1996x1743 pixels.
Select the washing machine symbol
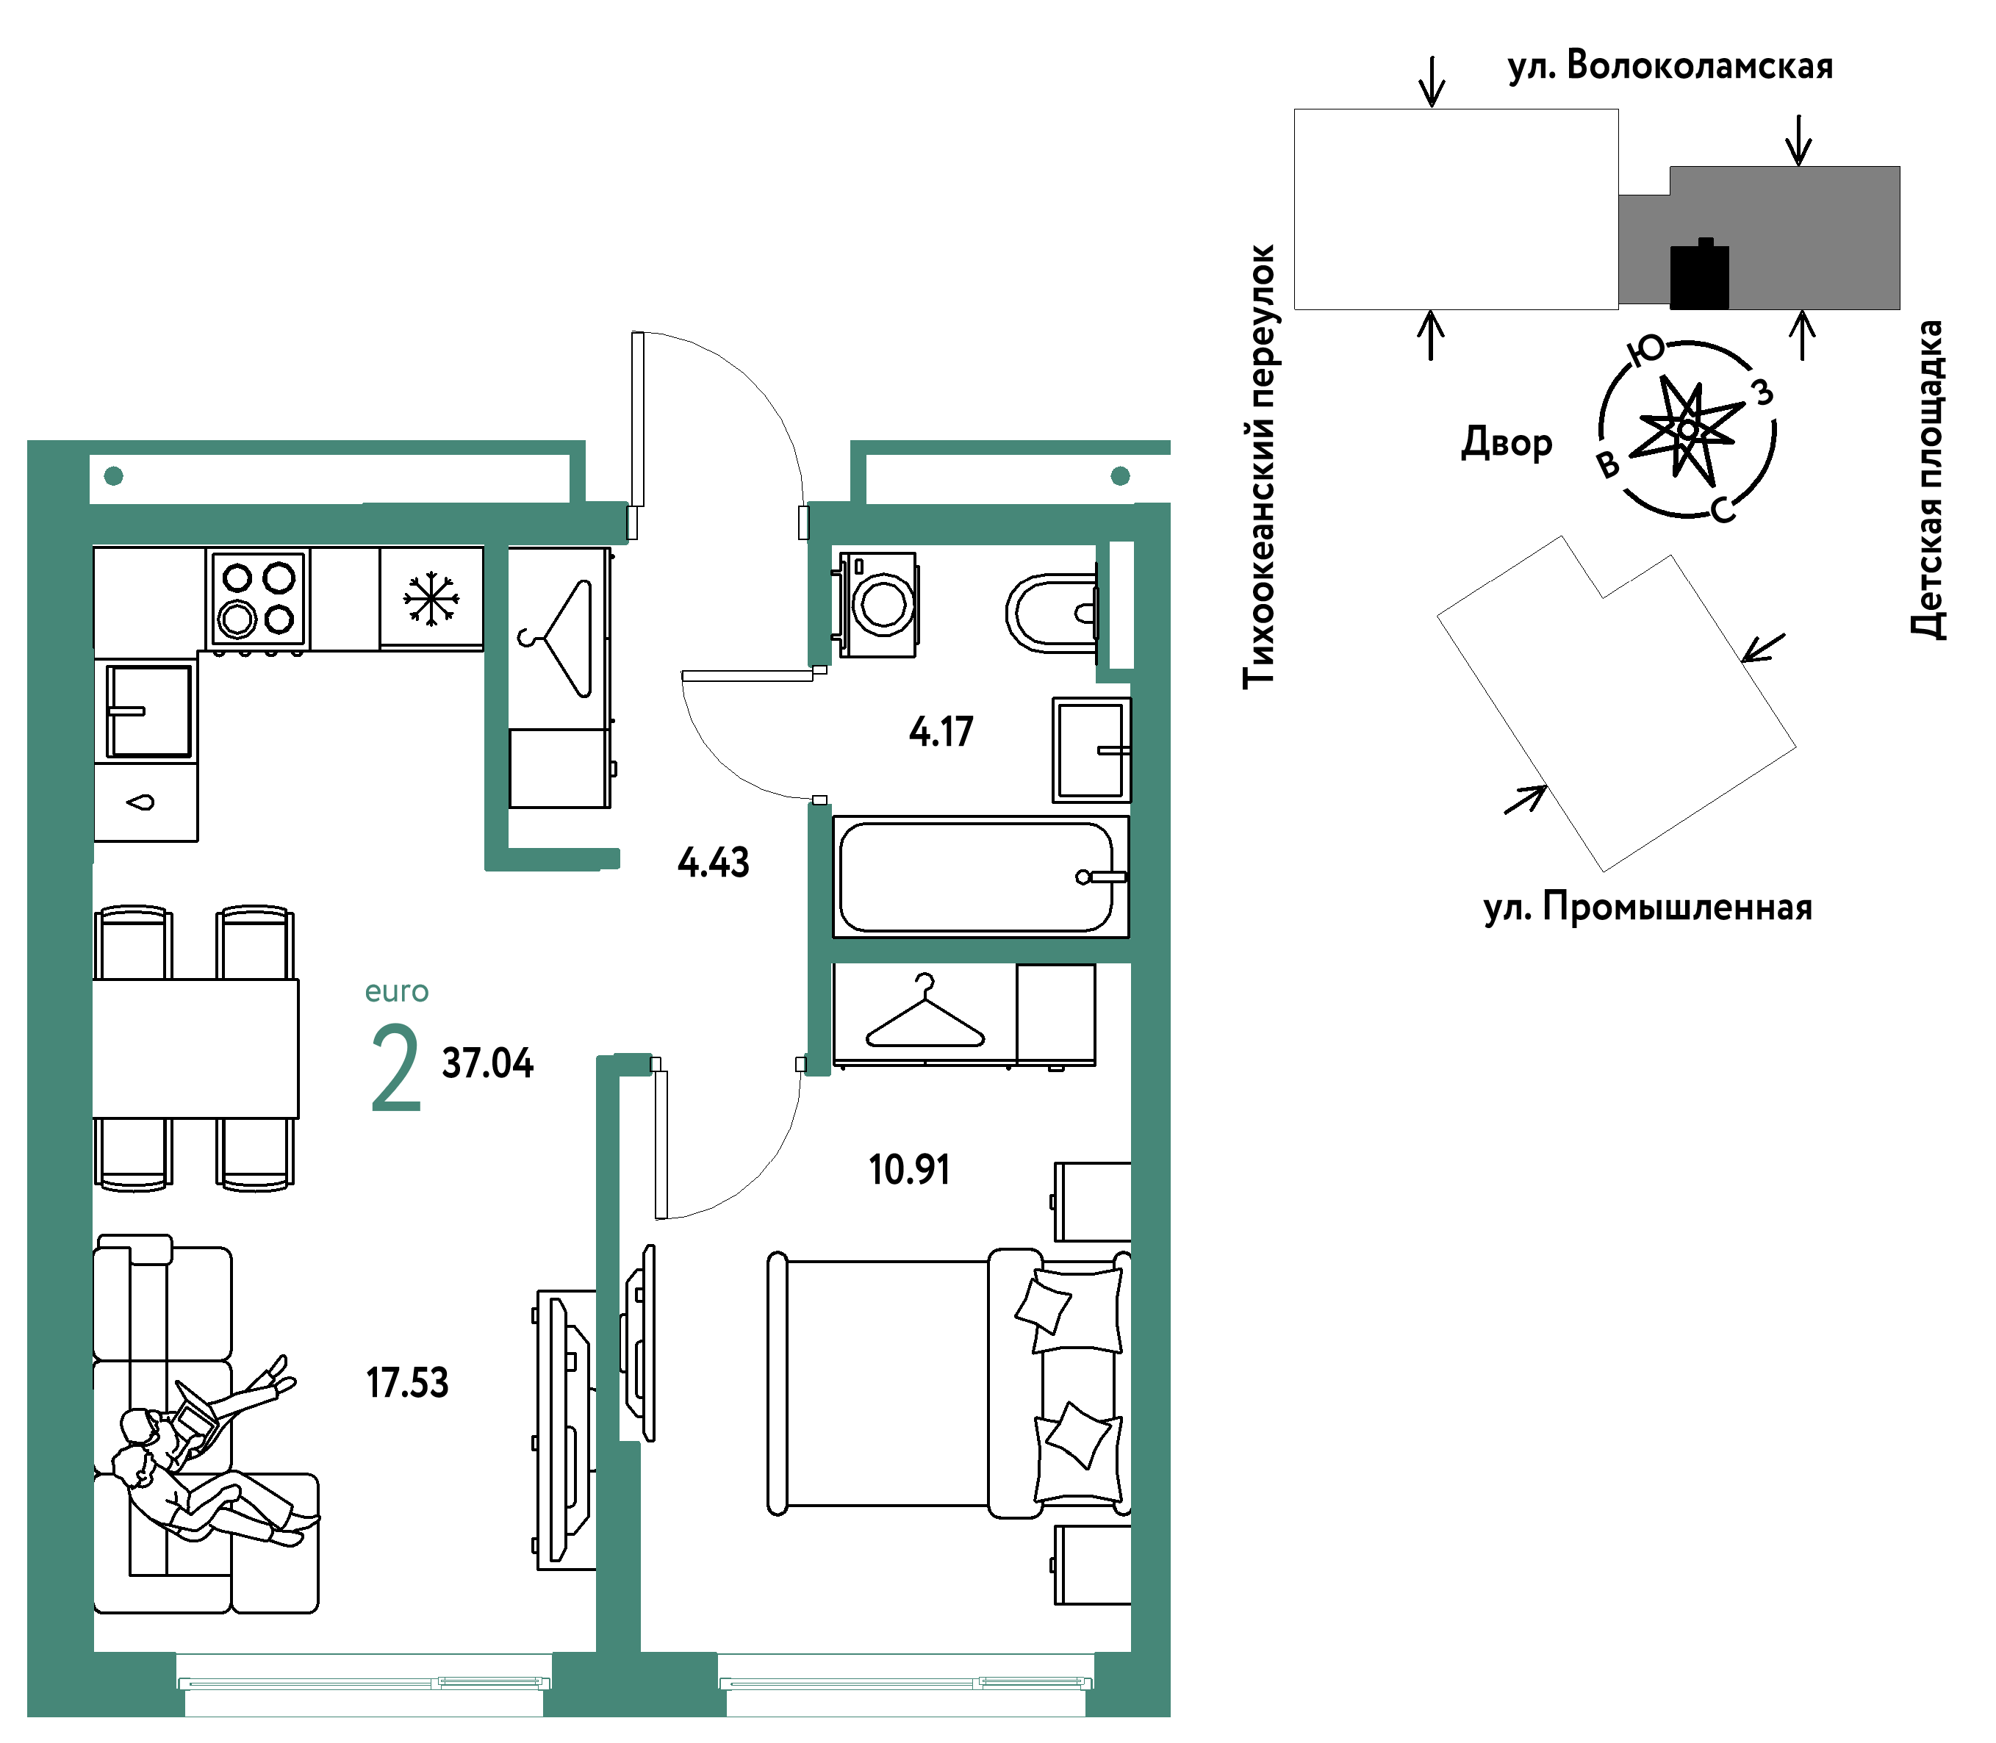pyautogui.click(x=877, y=605)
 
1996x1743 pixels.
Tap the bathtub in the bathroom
pyautogui.click(x=980, y=877)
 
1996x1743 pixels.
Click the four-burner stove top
pyautogui.click(x=258, y=598)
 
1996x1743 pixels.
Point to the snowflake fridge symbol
pyautogui.click(x=431, y=598)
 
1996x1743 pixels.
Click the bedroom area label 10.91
pyautogui.click(x=910, y=1169)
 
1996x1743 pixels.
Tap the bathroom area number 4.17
pyautogui.click(x=941, y=731)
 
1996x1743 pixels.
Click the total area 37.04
pyautogui.click(x=487, y=1063)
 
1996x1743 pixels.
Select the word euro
pyautogui.click(x=397, y=991)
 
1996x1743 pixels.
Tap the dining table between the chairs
pyautogui.click(x=195, y=1049)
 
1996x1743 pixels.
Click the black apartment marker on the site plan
pyautogui.click(x=1699, y=276)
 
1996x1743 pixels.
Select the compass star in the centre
pyautogui.click(x=1687, y=429)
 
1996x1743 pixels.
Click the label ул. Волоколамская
pyautogui.click(x=1670, y=66)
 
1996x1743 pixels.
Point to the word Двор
pyautogui.click(x=1507, y=442)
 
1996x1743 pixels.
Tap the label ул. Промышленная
pyautogui.click(x=1648, y=908)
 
